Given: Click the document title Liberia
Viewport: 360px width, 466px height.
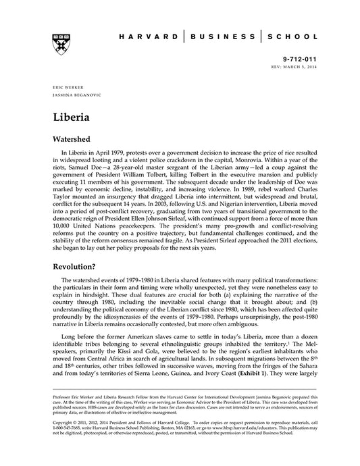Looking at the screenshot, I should click(71, 115).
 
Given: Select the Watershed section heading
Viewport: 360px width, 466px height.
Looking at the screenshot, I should click(77, 137).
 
